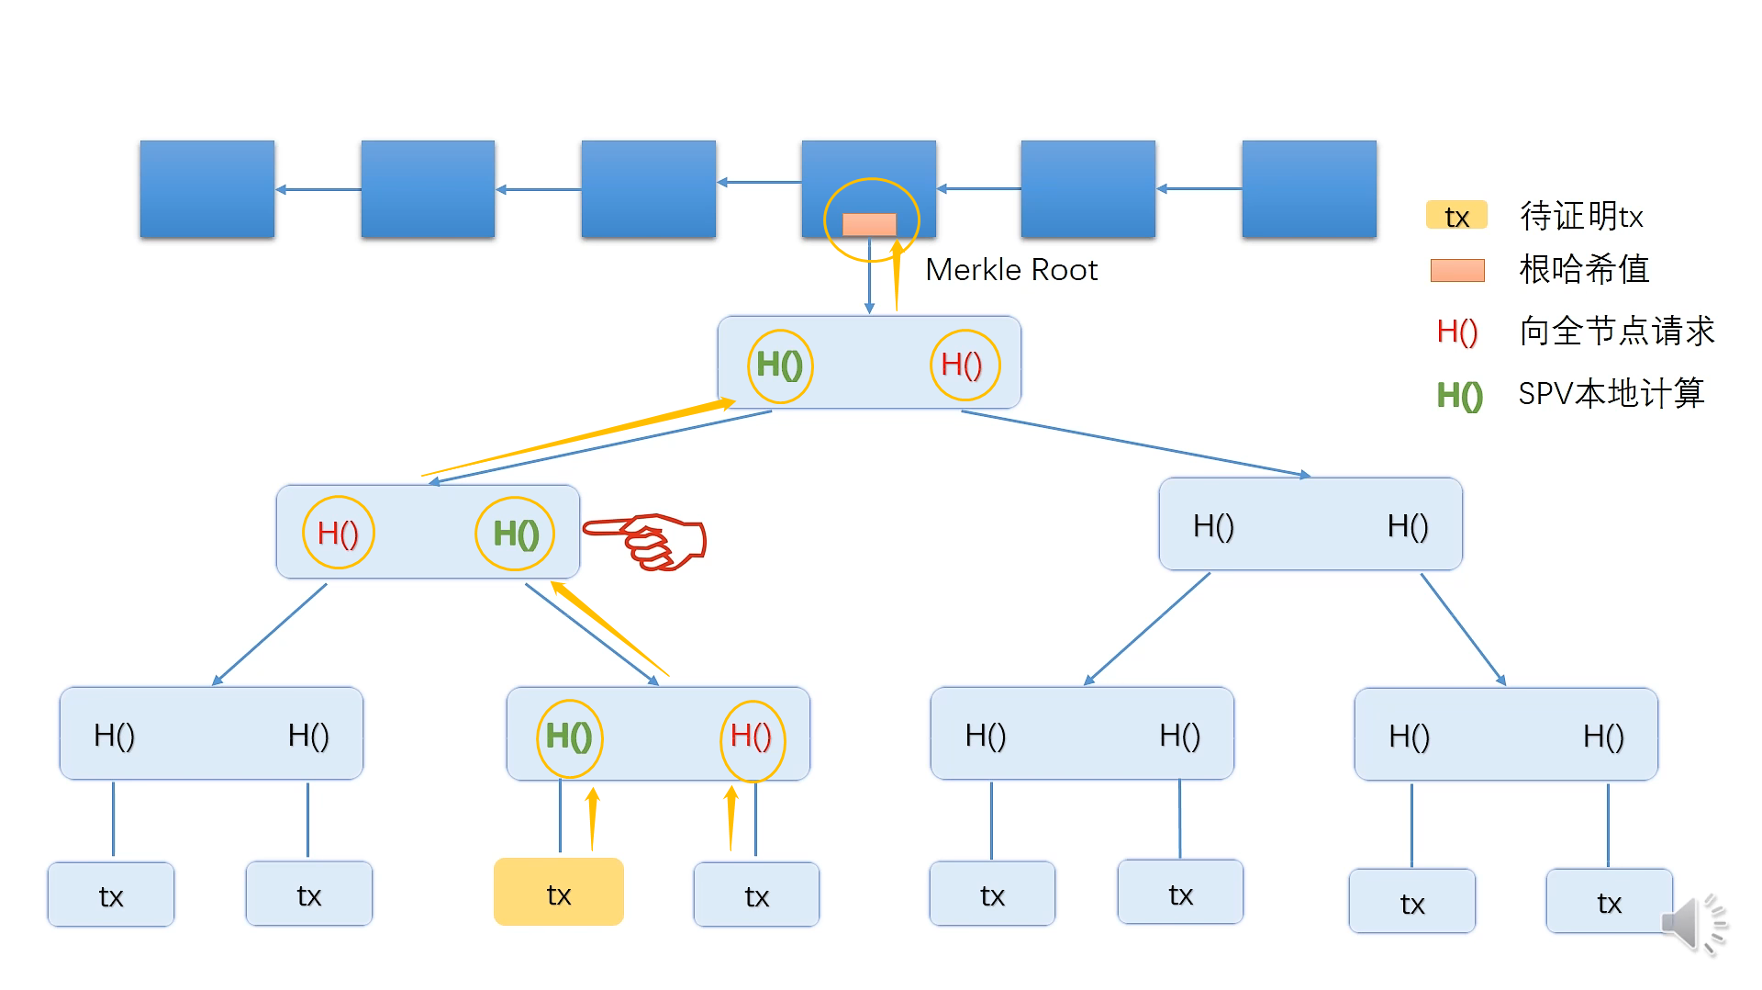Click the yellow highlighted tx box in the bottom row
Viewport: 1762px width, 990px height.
point(558,892)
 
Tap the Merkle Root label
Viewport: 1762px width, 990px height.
point(1011,269)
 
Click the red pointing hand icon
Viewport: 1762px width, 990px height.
point(645,542)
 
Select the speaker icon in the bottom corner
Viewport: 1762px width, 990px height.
point(1694,923)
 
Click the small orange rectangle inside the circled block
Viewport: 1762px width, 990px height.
point(869,224)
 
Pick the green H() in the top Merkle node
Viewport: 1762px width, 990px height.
point(779,366)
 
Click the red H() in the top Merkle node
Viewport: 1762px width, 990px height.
point(962,366)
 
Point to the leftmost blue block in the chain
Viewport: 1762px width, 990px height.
point(207,189)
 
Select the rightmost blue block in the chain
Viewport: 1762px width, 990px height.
point(1309,189)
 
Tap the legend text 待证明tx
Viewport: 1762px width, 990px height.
point(1581,216)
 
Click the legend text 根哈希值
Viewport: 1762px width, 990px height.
point(1584,269)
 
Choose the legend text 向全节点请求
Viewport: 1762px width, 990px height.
point(1617,331)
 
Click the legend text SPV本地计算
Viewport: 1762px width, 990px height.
point(1611,393)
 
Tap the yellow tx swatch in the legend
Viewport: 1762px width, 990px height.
point(1456,216)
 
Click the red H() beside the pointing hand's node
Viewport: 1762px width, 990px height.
point(338,534)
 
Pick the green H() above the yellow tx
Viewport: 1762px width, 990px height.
point(569,737)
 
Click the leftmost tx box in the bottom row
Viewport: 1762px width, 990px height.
point(111,894)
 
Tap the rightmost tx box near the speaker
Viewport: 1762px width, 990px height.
point(1609,901)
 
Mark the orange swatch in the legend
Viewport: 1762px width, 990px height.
point(1457,270)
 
